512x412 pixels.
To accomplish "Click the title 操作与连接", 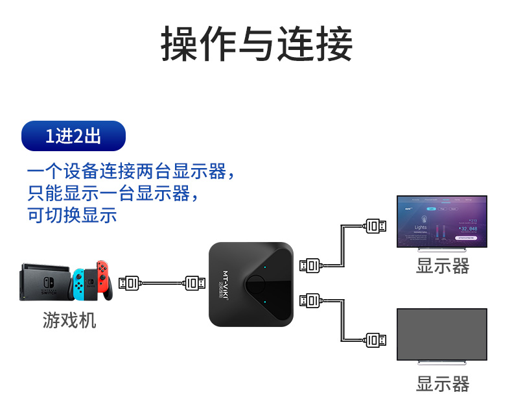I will coord(256,45).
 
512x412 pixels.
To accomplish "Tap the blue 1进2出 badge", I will coord(73,136).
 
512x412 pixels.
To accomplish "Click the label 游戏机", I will coord(69,320).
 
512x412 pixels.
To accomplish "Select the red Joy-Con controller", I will coord(102,280).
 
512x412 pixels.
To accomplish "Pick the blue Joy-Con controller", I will coord(78,284).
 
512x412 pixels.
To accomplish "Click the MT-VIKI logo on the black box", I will coord(226,283).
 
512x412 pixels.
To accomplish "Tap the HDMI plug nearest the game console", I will coord(130,283).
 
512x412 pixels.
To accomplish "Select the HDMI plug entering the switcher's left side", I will coord(195,283).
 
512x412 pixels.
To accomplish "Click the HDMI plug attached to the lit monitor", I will coord(376,226).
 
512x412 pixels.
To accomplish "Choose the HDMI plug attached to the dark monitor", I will coord(376,339).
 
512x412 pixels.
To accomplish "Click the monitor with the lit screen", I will coord(441,222).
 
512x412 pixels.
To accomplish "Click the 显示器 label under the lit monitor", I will coord(442,266).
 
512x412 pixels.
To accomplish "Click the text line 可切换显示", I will coord(73,215).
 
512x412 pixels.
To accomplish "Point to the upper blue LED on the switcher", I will coord(265,267).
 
